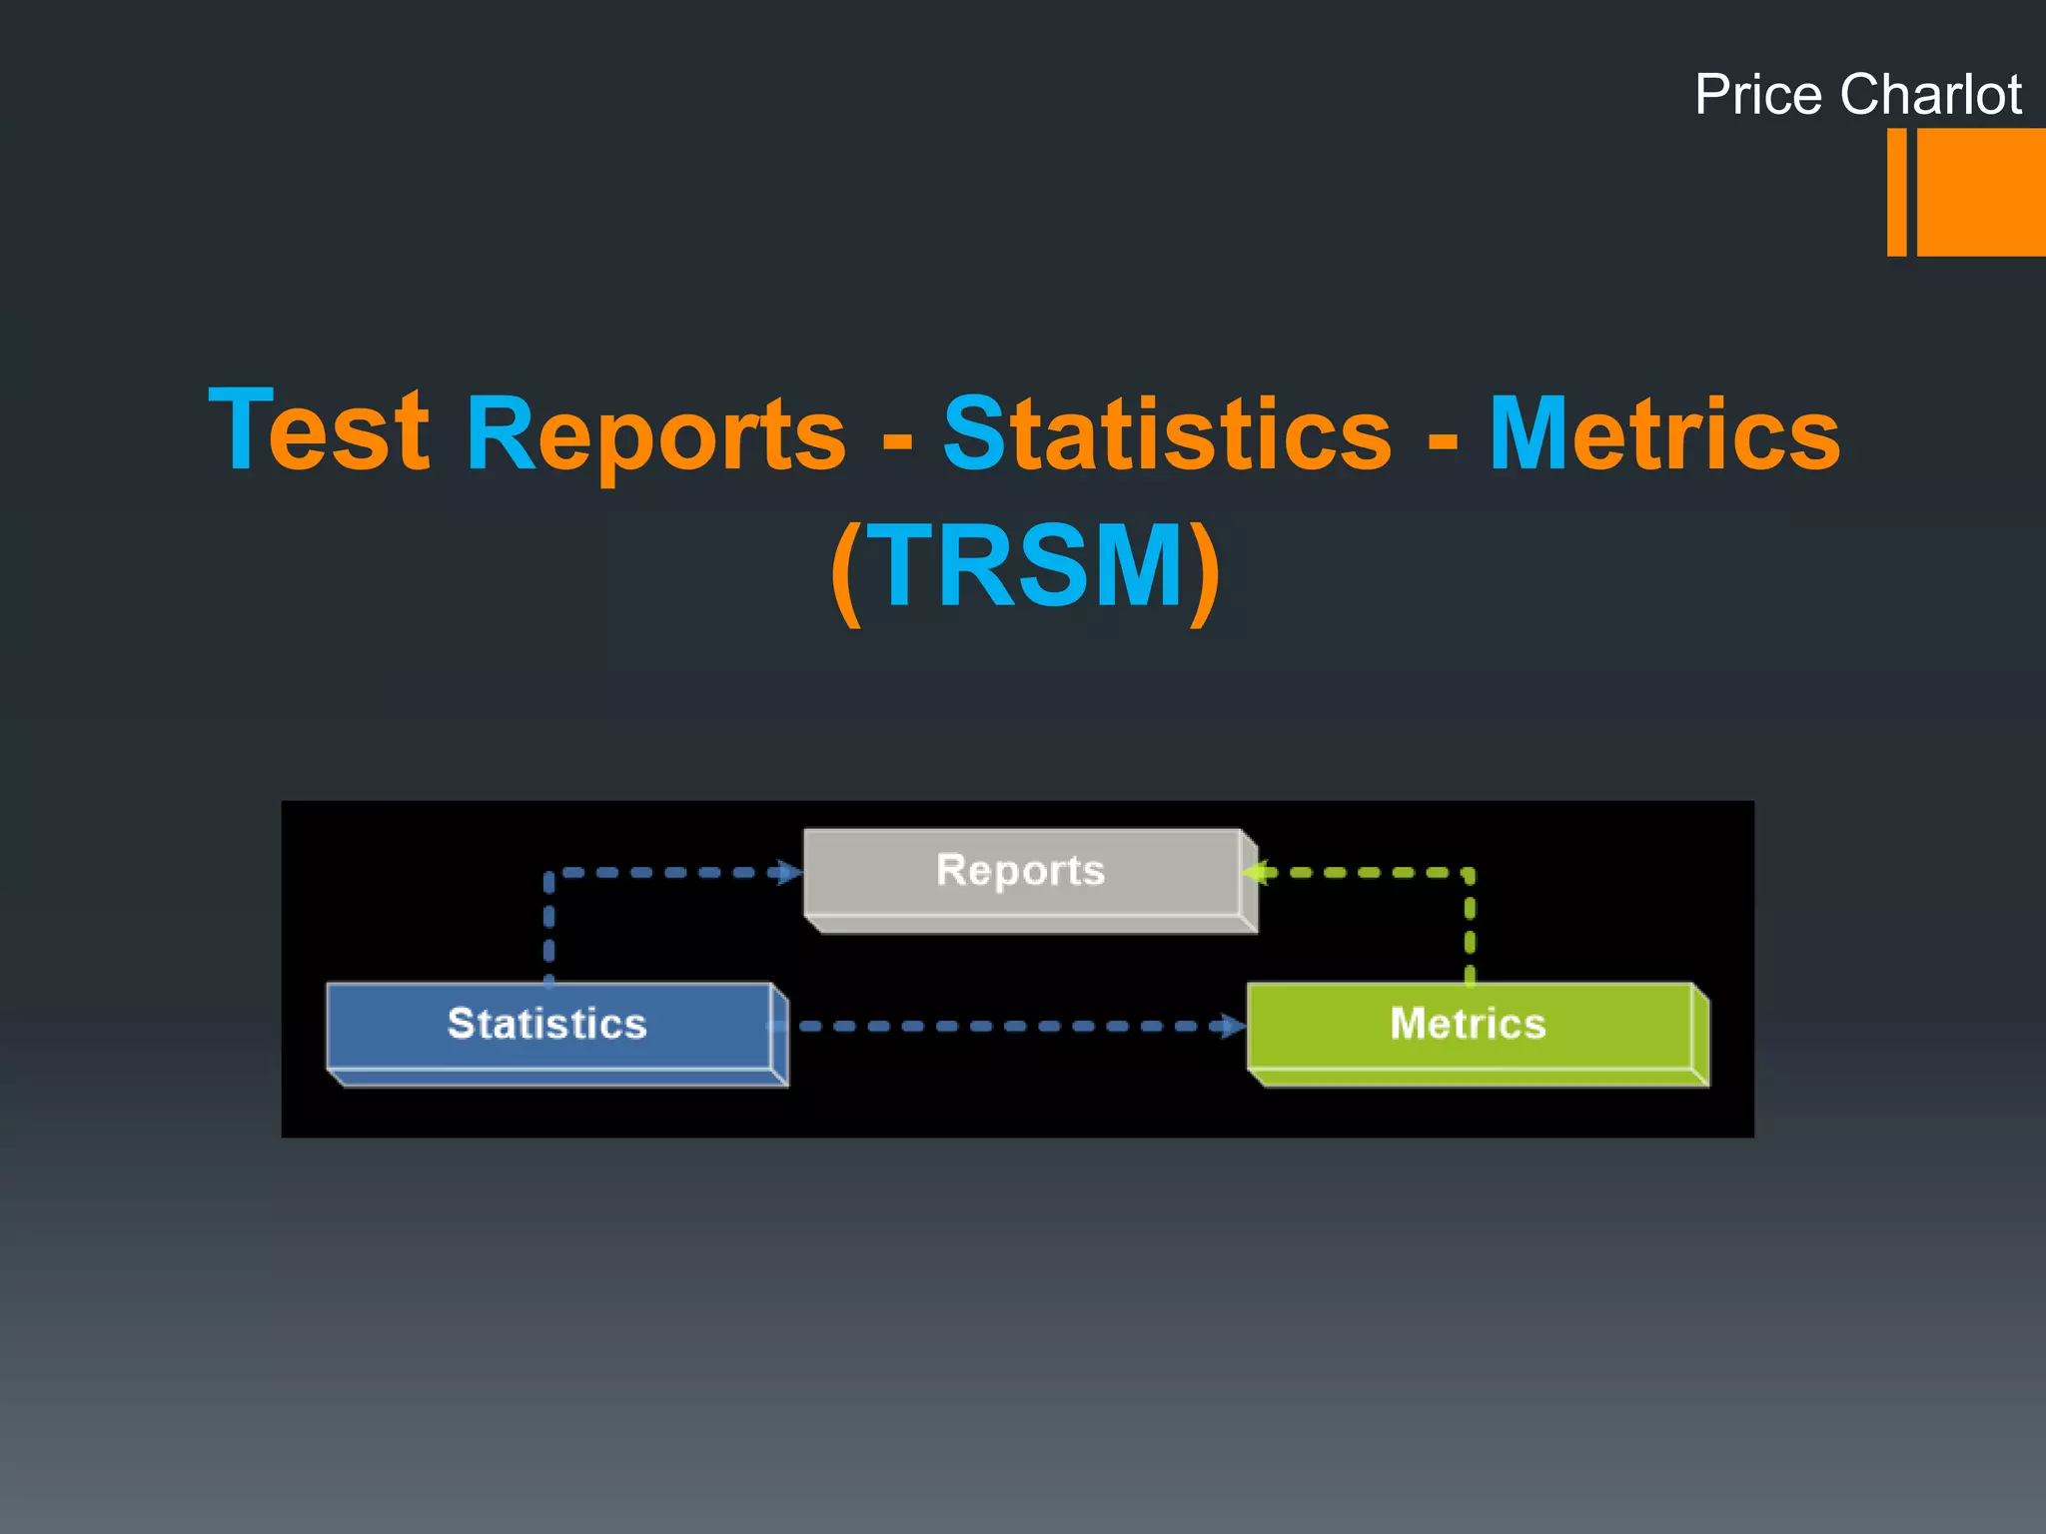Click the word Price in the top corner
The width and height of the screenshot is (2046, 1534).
(x=1757, y=95)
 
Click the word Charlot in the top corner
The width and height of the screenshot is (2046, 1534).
(x=1931, y=95)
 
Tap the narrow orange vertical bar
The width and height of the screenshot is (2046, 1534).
(x=1896, y=192)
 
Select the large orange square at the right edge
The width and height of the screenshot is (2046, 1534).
(x=1981, y=192)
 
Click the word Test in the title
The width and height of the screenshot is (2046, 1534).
(x=319, y=430)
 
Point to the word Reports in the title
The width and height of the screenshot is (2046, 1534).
(x=655, y=435)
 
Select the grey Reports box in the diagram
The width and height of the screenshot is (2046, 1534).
(x=1022, y=872)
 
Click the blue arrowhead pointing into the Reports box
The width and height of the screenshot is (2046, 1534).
(x=790, y=873)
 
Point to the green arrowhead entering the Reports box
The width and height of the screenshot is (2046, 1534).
(x=1255, y=873)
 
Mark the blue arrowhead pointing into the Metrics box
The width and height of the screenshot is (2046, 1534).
(x=1233, y=1026)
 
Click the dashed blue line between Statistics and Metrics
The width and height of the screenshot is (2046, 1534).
(x=1009, y=1026)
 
